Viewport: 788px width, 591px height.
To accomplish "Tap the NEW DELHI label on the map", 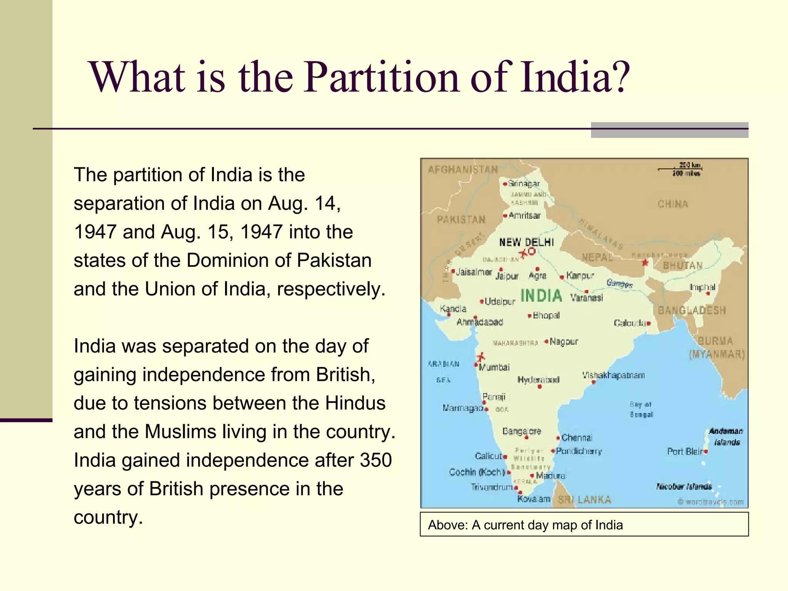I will (x=526, y=242).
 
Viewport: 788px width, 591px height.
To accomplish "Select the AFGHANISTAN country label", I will (x=462, y=170).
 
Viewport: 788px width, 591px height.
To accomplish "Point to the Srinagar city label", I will (x=524, y=184).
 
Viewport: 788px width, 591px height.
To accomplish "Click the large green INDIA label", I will (x=541, y=295).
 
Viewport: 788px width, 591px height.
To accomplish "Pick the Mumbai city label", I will (x=494, y=367).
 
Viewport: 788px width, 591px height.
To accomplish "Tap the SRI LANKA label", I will (x=584, y=500).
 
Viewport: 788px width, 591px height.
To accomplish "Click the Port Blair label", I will (x=685, y=451).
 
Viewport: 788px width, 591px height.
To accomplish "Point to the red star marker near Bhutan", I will (x=645, y=263).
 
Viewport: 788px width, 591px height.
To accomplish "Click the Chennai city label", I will (x=576, y=437).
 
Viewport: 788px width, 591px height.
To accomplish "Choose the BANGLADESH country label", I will (x=691, y=310).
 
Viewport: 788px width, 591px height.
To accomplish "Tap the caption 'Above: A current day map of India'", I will (x=525, y=525).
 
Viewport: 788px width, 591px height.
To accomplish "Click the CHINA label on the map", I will (x=673, y=204).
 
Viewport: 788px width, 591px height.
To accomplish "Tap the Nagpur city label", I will (x=564, y=342).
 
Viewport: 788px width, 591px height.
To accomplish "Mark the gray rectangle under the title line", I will (x=669, y=130).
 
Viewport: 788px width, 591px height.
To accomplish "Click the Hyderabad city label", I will (x=538, y=380).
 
